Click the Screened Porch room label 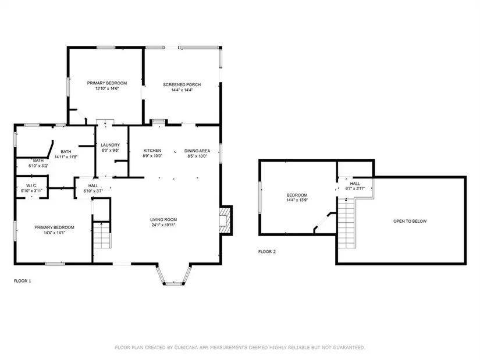182,84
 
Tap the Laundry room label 110,145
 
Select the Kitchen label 152,150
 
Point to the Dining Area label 197,151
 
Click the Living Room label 163,219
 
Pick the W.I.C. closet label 31,186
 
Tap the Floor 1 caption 22,281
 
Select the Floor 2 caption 267,252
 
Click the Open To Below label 410,221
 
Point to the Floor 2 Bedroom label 297,195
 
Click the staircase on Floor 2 347,223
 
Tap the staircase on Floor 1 102,236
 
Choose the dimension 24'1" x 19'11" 163,225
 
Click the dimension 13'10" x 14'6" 107,88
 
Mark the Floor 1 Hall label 93,186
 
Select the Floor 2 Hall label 355,183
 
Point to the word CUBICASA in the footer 186,347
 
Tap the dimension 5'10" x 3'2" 38,166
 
